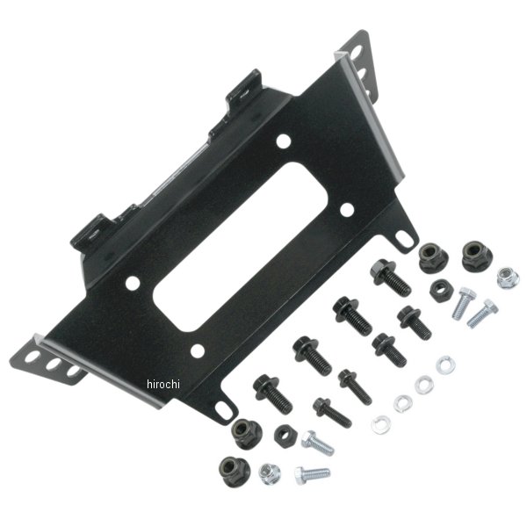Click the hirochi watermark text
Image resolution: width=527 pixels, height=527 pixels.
[163, 384]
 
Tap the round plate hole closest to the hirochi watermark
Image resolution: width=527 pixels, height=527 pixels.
[198, 350]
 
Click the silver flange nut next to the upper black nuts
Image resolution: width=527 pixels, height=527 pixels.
[508, 278]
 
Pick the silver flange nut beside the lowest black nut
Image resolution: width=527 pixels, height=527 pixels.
[270, 474]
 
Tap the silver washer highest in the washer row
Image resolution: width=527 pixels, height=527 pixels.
[445, 365]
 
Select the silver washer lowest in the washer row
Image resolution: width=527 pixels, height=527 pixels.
[381, 425]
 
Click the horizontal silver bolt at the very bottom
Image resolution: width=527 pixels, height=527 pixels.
[313, 475]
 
